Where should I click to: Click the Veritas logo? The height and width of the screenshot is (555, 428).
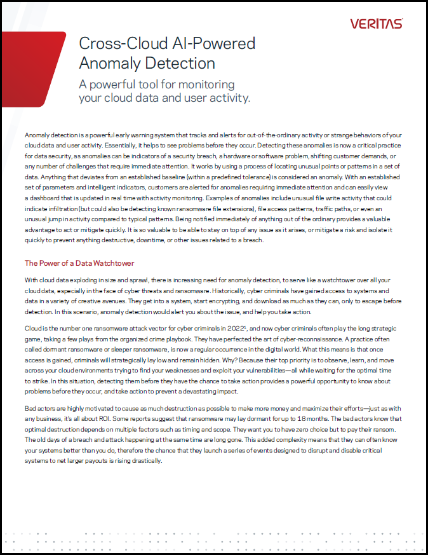(x=376, y=24)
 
